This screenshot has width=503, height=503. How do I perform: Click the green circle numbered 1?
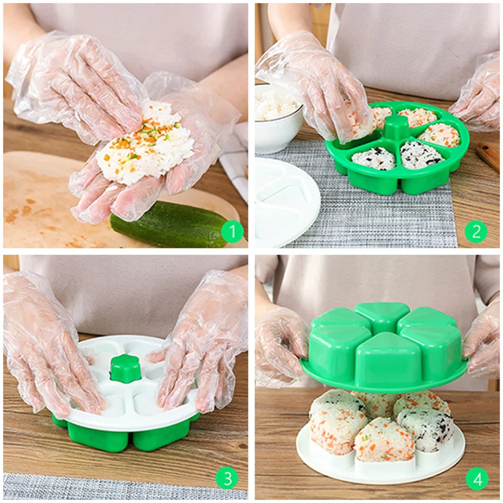coord(232,231)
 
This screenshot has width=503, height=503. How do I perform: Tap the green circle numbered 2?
coord(476,231)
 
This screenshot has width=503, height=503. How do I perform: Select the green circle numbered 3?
coord(228,478)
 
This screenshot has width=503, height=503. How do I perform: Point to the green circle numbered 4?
coord(477,480)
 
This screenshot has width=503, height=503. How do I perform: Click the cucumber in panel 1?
coord(169,224)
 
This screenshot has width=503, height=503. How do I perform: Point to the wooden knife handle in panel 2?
coord(488,154)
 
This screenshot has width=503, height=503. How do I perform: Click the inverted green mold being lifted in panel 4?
coord(384,345)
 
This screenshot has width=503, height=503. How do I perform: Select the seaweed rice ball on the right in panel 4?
coord(427,430)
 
